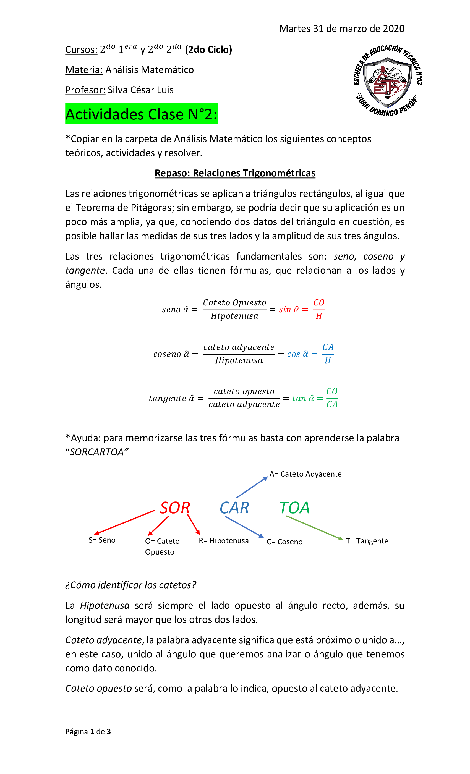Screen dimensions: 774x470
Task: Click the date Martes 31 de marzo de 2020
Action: (x=341, y=28)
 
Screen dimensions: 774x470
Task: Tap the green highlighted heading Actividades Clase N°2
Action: (x=141, y=114)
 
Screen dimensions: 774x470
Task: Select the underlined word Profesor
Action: (x=85, y=90)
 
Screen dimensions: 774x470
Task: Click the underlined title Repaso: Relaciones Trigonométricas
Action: (x=235, y=173)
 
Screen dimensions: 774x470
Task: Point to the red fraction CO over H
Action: (x=318, y=309)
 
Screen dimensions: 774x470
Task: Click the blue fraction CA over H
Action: (x=328, y=354)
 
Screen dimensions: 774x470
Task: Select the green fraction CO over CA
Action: (x=332, y=398)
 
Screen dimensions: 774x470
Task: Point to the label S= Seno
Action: (x=102, y=540)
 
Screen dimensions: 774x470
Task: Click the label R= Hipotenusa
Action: (x=223, y=541)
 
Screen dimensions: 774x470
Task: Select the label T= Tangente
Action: (x=367, y=541)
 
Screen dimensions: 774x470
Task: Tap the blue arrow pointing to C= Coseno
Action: (x=244, y=527)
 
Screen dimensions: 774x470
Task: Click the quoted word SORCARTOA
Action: (x=97, y=452)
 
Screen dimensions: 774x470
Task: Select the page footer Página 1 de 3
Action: (x=88, y=732)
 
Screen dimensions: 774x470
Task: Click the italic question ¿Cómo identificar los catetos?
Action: (x=130, y=585)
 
